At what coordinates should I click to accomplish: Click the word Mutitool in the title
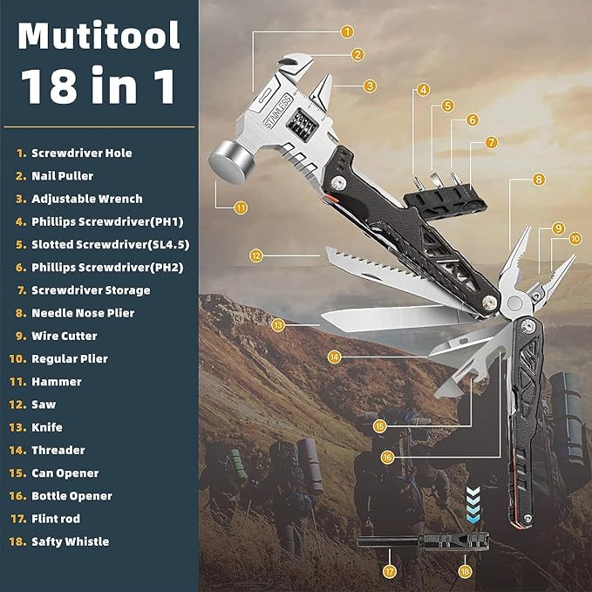[x=99, y=36]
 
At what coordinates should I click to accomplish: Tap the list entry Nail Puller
[x=64, y=175]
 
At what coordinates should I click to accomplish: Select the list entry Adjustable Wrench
[x=86, y=199]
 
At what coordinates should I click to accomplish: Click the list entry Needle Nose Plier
[x=82, y=313]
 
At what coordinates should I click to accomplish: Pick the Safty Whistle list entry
[x=70, y=541]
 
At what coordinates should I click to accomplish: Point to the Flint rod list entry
[x=57, y=519]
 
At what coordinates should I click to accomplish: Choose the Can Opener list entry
[x=65, y=473]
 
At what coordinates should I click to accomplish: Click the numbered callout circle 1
[x=347, y=31]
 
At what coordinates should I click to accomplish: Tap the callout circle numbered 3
[x=371, y=85]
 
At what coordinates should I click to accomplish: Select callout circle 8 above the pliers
[x=539, y=179]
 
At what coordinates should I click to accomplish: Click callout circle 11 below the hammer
[x=241, y=208]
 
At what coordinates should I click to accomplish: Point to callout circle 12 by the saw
[x=255, y=256]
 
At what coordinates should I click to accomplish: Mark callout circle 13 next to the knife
[x=277, y=324]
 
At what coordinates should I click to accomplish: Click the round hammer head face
[x=226, y=162]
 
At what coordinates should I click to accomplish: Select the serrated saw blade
[x=366, y=266]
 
